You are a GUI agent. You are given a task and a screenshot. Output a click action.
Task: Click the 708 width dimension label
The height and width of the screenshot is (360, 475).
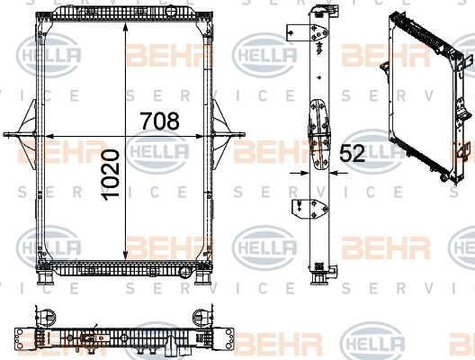(159, 121)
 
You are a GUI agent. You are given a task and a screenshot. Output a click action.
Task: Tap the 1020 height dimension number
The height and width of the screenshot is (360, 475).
(111, 175)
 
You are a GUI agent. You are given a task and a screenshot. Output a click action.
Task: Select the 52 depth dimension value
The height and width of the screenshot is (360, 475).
(352, 153)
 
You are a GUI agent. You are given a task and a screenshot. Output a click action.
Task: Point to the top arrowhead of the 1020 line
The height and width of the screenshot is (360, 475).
(125, 27)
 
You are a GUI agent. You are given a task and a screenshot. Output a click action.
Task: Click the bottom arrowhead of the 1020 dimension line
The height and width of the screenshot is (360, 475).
(125, 256)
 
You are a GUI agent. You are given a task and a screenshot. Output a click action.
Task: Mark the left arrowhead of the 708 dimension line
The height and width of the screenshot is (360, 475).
(49, 137)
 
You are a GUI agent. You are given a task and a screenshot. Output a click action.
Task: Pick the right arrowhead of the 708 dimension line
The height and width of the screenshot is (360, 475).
(199, 137)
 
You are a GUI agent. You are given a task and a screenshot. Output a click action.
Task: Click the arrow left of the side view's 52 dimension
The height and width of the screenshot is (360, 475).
(300, 173)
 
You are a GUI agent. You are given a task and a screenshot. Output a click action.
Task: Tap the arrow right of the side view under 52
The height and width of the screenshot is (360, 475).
(338, 173)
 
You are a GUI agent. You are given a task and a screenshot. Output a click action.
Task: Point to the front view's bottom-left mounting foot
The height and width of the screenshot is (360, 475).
(45, 277)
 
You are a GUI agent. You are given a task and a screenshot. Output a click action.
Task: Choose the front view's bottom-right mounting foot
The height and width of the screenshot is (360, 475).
(203, 277)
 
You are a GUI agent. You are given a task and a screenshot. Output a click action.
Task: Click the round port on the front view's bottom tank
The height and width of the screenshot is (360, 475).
(185, 272)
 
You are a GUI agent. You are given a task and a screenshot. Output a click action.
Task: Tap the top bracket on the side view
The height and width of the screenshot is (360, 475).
(307, 32)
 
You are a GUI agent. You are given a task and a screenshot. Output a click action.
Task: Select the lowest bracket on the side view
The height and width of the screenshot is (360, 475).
(309, 209)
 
